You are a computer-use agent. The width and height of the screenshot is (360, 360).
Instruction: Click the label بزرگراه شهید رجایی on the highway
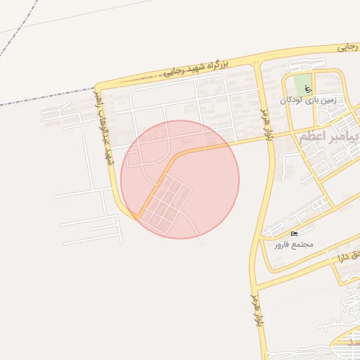[x=196, y=68]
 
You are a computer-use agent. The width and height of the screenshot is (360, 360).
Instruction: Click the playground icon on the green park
[x=308, y=89]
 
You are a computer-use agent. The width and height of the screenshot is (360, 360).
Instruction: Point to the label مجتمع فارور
[x=293, y=245]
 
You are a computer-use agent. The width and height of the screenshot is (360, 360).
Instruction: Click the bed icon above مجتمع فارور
[x=294, y=233]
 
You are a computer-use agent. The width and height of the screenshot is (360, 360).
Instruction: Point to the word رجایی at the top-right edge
[x=347, y=47]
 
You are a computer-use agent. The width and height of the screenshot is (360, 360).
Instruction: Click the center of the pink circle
[x=180, y=179]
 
